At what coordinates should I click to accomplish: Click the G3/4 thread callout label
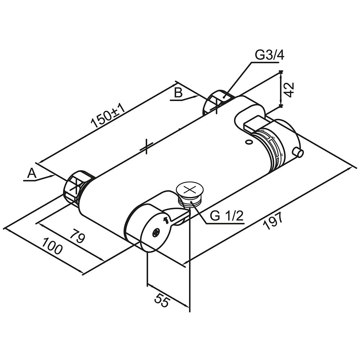tap(270, 56)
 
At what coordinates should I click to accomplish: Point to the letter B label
tap(178, 93)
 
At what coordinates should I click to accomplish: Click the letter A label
tap(32, 174)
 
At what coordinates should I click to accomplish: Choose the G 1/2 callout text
tap(227, 216)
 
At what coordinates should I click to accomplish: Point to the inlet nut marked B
tap(216, 102)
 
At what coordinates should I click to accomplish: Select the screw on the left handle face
tap(156, 233)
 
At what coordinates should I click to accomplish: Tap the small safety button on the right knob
tap(298, 153)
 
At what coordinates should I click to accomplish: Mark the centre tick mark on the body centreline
tap(146, 147)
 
